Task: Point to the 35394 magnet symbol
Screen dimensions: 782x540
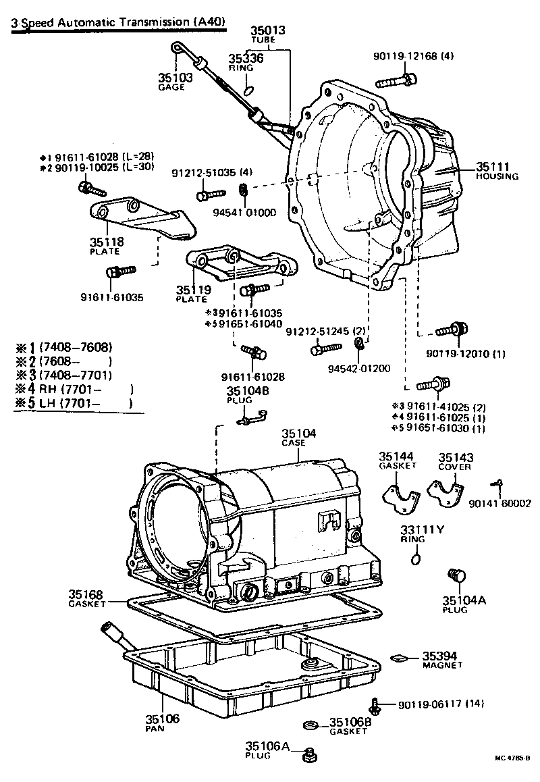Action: (399, 656)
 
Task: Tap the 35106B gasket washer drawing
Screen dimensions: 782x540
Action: (311, 725)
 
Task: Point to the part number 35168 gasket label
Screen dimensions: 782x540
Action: (86, 594)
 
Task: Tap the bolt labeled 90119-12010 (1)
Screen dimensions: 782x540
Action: (450, 330)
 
